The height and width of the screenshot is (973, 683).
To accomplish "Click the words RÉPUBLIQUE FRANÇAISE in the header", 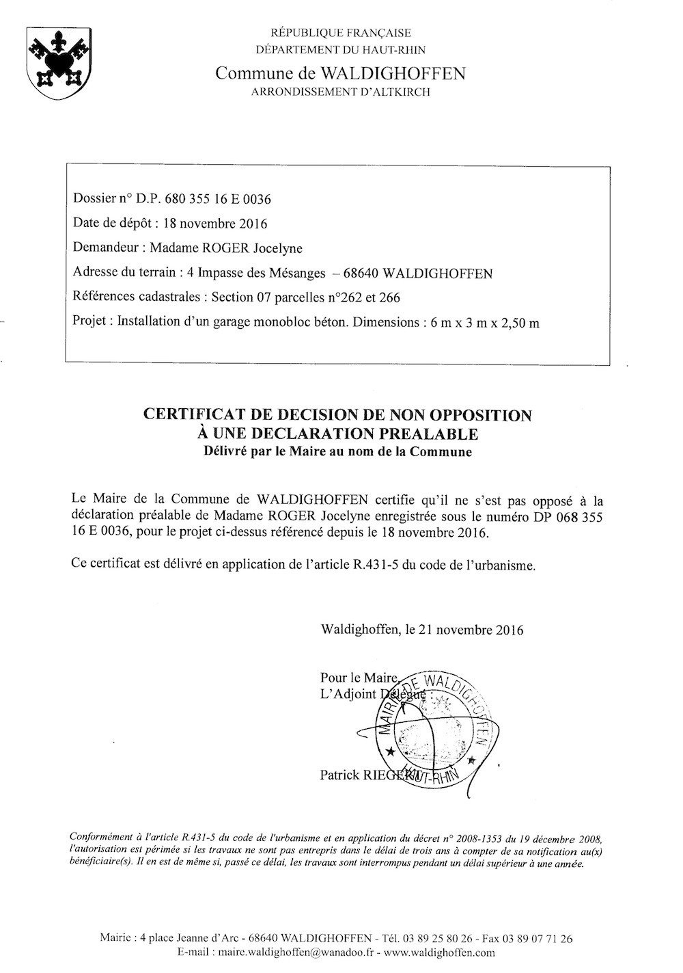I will [341, 32].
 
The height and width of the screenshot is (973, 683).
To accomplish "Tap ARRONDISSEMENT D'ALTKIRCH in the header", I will [341, 92].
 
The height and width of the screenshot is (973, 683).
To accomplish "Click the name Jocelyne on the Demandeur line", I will [278, 248].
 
